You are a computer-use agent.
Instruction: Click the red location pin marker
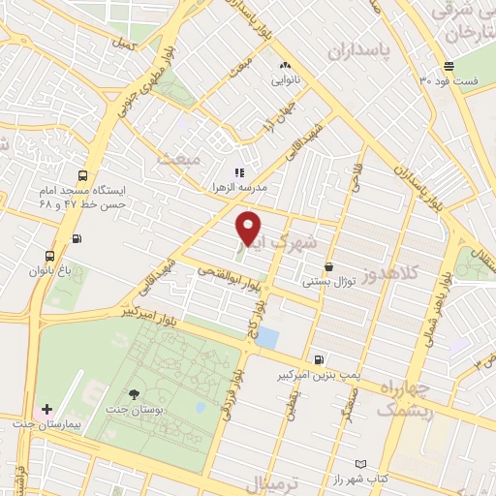(249, 230)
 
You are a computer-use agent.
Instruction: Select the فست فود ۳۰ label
(452, 81)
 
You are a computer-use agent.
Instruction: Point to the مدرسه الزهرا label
(245, 185)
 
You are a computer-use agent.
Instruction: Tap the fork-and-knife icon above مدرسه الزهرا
(238, 172)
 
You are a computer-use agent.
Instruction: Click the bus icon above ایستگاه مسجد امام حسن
(83, 176)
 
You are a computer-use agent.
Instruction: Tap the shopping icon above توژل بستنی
(329, 266)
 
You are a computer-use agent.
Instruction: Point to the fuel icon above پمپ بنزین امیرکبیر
(320, 357)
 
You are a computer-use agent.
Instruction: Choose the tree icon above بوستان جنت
(133, 393)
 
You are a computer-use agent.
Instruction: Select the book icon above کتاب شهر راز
(361, 465)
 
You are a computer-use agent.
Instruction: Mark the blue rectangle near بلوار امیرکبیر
(267, 339)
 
